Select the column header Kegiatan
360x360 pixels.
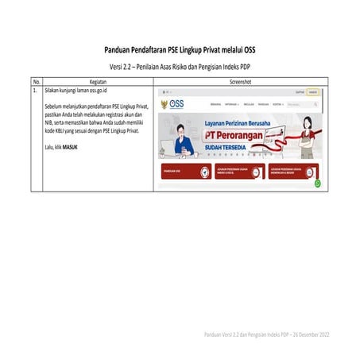point(99,81)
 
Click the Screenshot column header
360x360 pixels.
point(240,81)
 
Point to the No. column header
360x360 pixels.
point(36,81)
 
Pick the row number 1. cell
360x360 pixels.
point(35,91)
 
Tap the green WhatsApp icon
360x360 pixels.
point(317,183)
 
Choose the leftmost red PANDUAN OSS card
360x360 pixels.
point(180,171)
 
